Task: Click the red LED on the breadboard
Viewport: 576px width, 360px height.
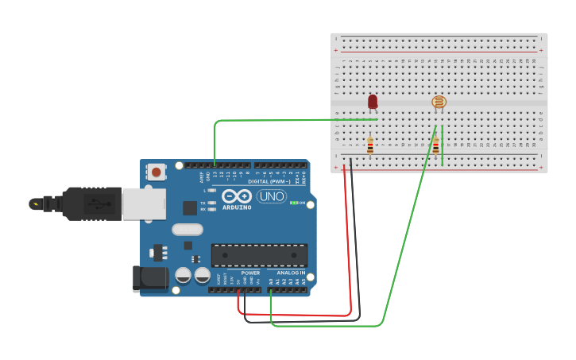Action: tap(373, 101)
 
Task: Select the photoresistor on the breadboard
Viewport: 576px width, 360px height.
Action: tap(439, 102)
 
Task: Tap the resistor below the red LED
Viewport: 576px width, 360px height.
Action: tap(370, 145)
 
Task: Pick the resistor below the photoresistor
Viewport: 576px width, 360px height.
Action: tap(435, 145)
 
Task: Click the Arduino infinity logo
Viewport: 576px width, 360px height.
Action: tap(237, 196)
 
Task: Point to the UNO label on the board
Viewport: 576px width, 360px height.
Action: tap(272, 196)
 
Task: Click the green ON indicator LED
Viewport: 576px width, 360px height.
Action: tap(294, 203)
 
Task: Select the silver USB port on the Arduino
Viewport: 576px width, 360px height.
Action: tap(144, 203)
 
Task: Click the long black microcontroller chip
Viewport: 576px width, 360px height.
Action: tap(259, 255)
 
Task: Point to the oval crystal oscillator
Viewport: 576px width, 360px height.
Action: tap(187, 230)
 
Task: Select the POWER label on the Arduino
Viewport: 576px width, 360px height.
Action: tap(250, 273)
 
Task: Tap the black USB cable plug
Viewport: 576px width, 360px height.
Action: tap(91, 203)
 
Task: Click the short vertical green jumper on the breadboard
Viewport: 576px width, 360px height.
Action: tap(443, 145)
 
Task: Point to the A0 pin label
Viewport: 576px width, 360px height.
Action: tap(271, 281)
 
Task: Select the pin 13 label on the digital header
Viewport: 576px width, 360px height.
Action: tap(215, 173)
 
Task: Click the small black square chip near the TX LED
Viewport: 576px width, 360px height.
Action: tap(190, 208)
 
